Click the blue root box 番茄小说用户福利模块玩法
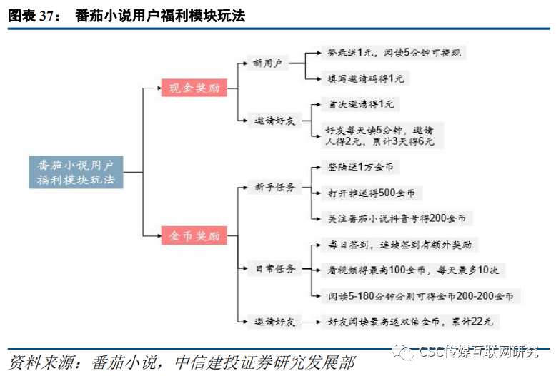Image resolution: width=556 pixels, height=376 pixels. [x=76, y=172]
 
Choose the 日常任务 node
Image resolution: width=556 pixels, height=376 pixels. [x=275, y=268]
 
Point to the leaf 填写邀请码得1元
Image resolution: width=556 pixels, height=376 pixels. [x=365, y=78]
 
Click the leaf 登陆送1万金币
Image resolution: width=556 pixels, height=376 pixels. [x=361, y=167]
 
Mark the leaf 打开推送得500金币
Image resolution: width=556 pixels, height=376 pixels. [x=370, y=193]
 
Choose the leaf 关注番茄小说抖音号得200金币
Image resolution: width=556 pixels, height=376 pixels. [x=396, y=218]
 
